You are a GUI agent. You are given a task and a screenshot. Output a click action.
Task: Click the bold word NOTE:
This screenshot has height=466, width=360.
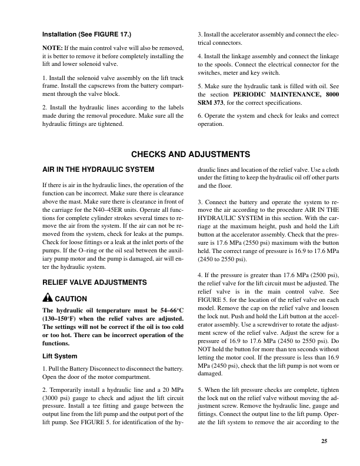click(x=54, y=46)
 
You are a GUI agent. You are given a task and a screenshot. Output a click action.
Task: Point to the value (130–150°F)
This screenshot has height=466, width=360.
click(x=62, y=318)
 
